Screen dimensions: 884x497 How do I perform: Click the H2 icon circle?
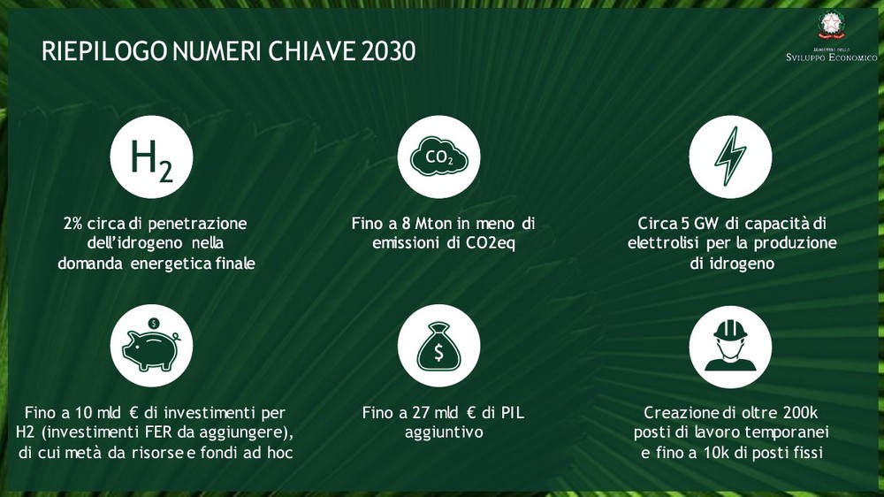(151, 157)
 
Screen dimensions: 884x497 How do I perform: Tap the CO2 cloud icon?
(439, 157)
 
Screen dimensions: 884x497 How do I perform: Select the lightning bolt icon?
(730, 157)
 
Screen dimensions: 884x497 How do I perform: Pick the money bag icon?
(439, 346)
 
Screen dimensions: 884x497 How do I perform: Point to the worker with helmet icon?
(730, 346)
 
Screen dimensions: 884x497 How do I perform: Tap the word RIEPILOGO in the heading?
(104, 51)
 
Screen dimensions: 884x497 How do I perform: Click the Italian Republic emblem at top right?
(830, 26)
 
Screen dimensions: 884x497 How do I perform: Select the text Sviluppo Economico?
(832, 57)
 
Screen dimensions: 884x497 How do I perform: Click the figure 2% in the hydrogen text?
(72, 224)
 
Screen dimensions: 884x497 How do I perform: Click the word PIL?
(512, 413)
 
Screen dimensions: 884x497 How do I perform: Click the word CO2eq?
(491, 244)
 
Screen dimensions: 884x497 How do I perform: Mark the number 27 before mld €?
(421, 413)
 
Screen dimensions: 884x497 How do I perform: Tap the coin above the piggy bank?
(153, 324)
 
